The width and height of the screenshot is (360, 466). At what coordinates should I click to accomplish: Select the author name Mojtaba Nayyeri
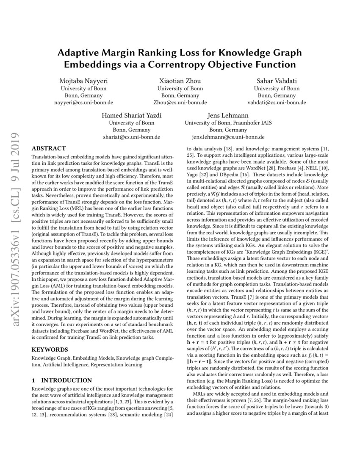pyautogui.click(x=83, y=81)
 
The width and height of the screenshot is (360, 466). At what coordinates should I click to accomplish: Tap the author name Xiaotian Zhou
pyautogui.click(x=180, y=81)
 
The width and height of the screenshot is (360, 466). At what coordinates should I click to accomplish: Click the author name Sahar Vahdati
pyautogui.click(x=276, y=81)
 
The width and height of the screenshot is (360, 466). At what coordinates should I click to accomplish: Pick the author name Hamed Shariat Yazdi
pyautogui.click(x=132, y=116)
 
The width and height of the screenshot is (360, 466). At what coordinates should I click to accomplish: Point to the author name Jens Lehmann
pyautogui.click(x=228, y=116)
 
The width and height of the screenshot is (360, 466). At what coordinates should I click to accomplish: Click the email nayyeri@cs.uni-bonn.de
pyautogui.click(x=83, y=103)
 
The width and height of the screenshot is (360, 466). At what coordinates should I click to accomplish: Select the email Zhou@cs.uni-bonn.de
pyautogui.click(x=180, y=103)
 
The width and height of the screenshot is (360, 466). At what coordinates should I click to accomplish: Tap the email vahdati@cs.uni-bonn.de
pyautogui.click(x=276, y=103)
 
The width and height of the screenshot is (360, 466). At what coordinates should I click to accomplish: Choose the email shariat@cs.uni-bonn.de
pyautogui.click(x=132, y=137)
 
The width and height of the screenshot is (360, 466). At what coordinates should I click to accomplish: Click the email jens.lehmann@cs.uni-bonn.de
pyautogui.click(x=228, y=137)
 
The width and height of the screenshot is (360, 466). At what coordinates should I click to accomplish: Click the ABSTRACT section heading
pyautogui.click(x=49, y=148)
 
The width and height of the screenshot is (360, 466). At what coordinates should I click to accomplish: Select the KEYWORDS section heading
pyautogui.click(x=50, y=349)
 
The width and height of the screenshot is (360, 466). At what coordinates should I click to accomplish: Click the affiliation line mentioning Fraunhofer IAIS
pyautogui.click(x=228, y=123)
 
